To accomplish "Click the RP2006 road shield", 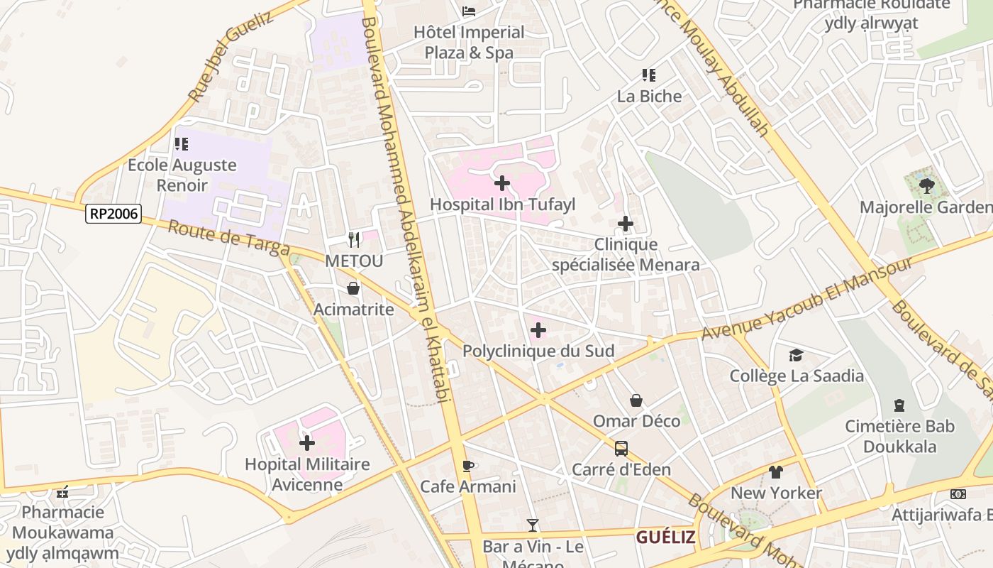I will point(113,214).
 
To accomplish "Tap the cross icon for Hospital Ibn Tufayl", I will point(502,183).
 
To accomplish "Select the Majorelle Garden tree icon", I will point(926,186).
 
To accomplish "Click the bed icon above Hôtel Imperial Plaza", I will point(469,11).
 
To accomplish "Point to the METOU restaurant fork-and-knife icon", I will point(354,240).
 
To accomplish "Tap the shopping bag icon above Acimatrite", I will point(353,288).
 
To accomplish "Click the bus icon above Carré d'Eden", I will point(621,449).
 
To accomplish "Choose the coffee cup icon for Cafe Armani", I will point(467,466).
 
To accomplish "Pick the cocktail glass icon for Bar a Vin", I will point(533,525).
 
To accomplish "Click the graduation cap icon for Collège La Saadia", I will point(797,355).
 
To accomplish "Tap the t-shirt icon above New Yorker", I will point(775,472).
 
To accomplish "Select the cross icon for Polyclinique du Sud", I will point(538,330).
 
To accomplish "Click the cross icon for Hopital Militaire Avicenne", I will point(307,444).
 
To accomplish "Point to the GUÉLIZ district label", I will point(665,537).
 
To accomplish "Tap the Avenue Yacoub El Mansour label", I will point(807,298).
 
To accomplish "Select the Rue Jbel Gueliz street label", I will point(231,56).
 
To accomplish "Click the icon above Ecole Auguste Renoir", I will point(182,144).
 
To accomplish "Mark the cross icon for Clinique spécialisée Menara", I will point(626,224).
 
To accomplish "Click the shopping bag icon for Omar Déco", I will point(636,400).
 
